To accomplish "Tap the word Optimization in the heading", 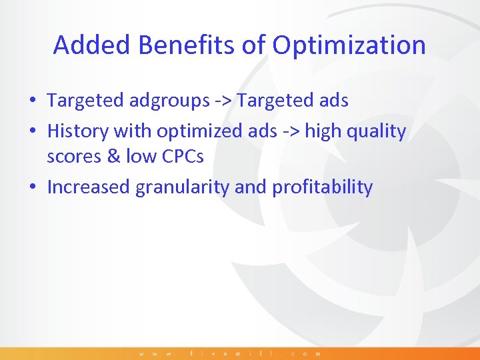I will click(x=349, y=45).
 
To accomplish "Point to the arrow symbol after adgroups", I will click(x=223, y=101).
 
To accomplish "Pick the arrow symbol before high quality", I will click(x=291, y=132).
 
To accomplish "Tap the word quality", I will click(x=379, y=131).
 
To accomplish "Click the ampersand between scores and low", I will click(x=115, y=156).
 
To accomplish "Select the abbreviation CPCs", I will click(x=180, y=156).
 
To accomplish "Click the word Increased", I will click(x=89, y=187).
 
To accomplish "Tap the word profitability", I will click(x=322, y=187).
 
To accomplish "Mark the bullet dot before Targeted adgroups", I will click(x=32, y=101).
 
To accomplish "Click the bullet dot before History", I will click(x=32, y=132).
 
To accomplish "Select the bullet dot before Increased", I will click(x=32, y=188).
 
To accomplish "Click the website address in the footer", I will click(x=230, y=353).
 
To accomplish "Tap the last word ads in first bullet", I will click(x=333, y=101).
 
